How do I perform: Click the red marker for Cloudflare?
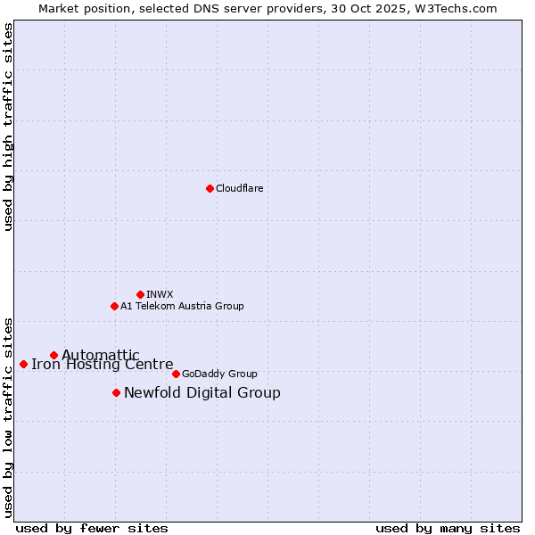(x=210, y=188)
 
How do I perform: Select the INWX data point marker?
(x=140, y=294)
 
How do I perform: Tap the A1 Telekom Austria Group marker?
(x=114, y=306)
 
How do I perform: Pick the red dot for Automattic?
(x=53, y=355)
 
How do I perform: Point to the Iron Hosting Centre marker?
(x=23, y=364)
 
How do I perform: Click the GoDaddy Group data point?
(x=176, y=374)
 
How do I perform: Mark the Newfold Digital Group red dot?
(x=116, y=392)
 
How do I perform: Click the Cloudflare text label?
(x=239, y=188)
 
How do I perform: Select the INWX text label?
(x=160, y=294)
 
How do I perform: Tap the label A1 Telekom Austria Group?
(x=182, y=306)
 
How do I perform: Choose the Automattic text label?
(x=100, y=355)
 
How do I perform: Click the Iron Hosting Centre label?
(x=102, y=364)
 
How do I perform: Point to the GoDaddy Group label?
(x=219, y=374)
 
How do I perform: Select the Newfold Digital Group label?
(x=202, y=392)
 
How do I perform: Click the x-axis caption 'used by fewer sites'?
(x=92, y=528)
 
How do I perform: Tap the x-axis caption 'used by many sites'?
(x=448, y=528)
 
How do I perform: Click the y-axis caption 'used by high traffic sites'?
(x=8, y=127)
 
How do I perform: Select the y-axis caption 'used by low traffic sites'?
(x=8, y=416)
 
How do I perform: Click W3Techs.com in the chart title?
(x=460, y=8)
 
